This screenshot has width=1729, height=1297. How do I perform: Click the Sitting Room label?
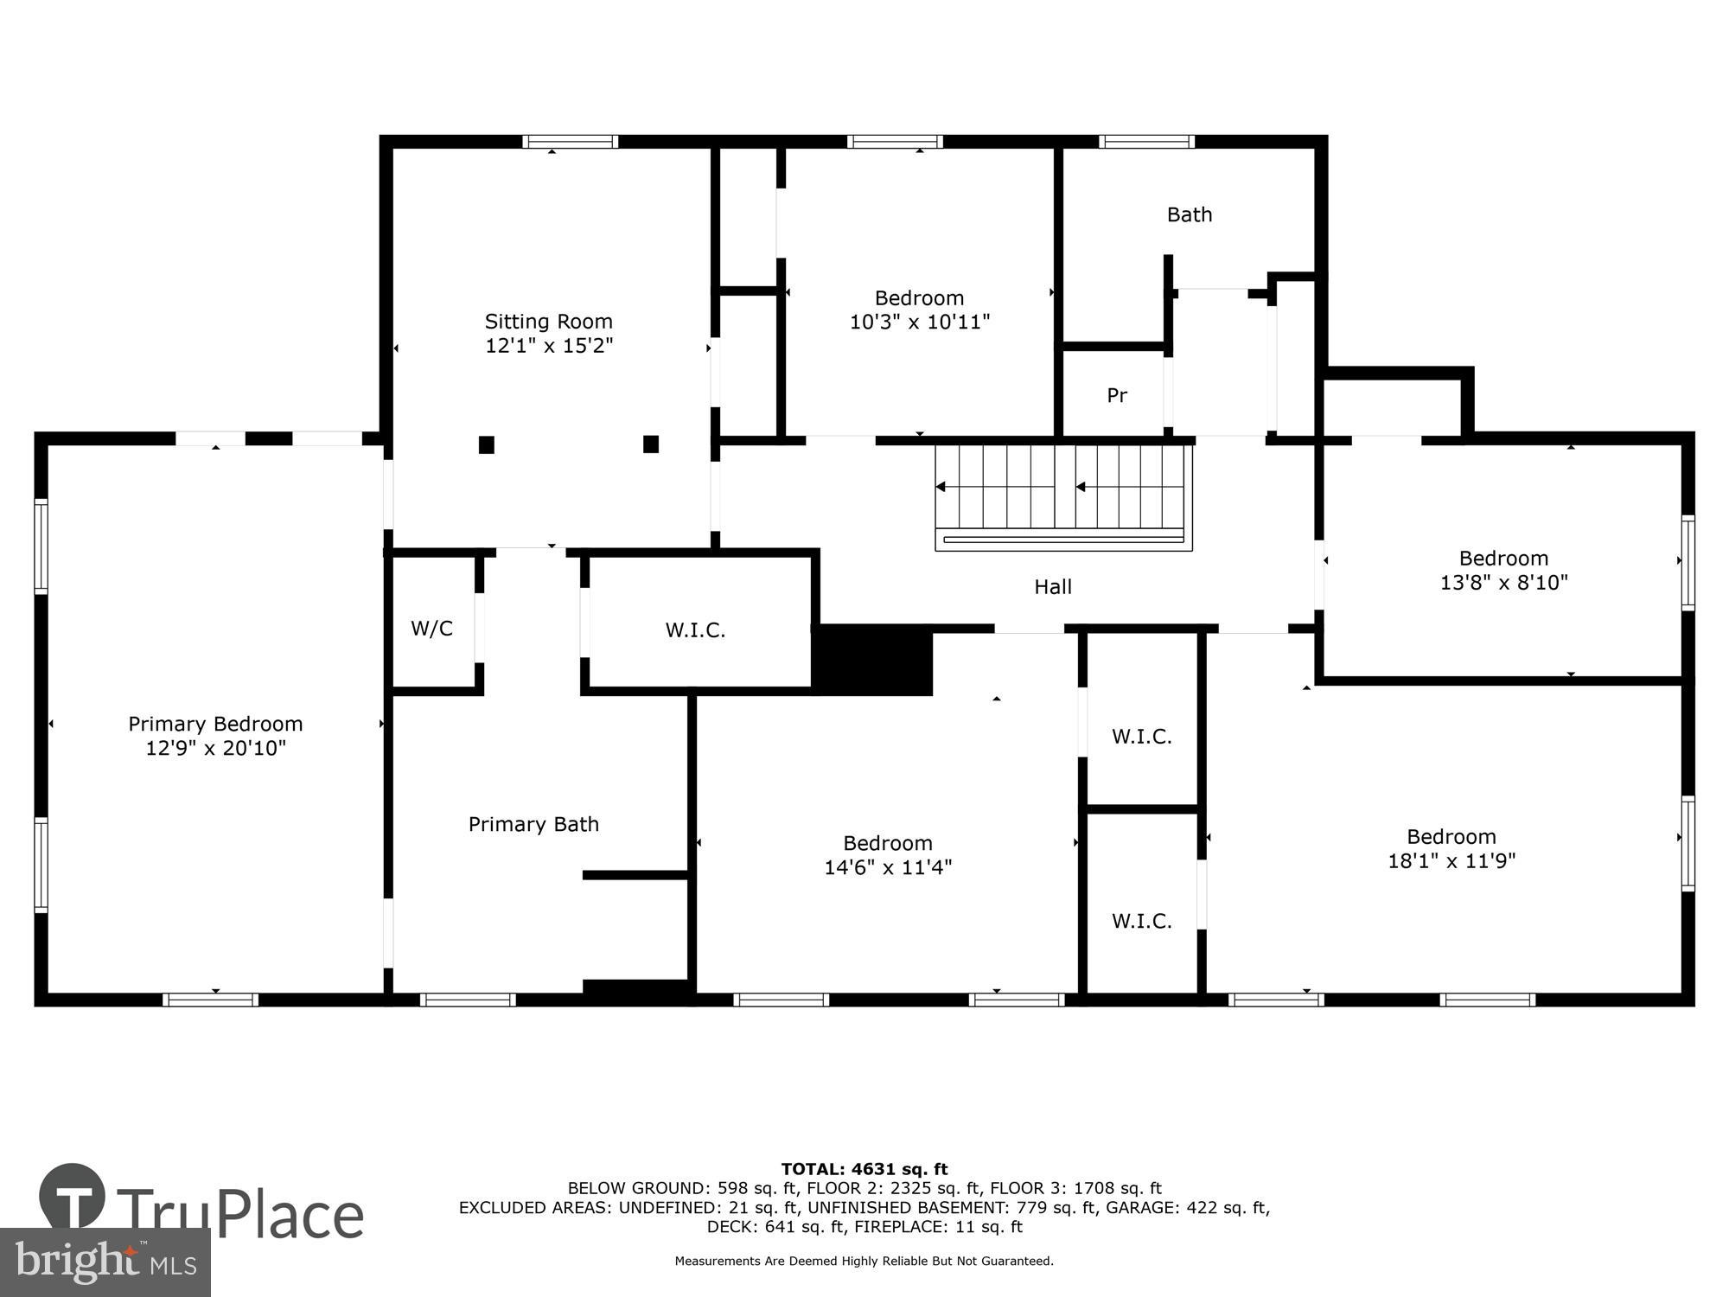tap(548, 322)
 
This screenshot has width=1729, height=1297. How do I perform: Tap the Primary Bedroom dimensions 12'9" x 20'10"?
tap(215, 748)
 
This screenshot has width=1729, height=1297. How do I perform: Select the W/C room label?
tap(431, 629)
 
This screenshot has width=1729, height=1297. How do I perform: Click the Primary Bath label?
tap(533, 824)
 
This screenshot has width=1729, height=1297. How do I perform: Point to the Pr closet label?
tap(1117, 395)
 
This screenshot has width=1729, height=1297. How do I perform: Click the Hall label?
tap(1053, 587)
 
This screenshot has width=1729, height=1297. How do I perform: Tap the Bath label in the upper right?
tap(1190, 214)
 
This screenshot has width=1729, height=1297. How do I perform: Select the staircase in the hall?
tap(1063, 497)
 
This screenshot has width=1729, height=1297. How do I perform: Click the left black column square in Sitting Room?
tap(487, 444)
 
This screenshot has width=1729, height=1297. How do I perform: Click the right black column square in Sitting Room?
tap(651, 444)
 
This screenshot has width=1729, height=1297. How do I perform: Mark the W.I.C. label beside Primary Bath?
tap(695, 630)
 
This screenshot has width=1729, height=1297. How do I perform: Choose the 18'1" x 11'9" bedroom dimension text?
tap(1451, 861)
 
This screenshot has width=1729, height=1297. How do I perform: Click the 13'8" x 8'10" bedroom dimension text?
tap(1503, 583)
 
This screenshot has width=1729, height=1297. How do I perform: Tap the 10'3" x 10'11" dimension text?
tap(919, 323)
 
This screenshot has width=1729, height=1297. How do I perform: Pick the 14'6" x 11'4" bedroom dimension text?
tap(888, 867)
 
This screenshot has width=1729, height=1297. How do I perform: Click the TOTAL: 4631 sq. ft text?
tap(864, 1170)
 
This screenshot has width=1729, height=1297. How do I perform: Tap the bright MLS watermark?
tap(105, 1262)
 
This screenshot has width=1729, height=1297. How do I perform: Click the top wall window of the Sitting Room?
tap(570, 142)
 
